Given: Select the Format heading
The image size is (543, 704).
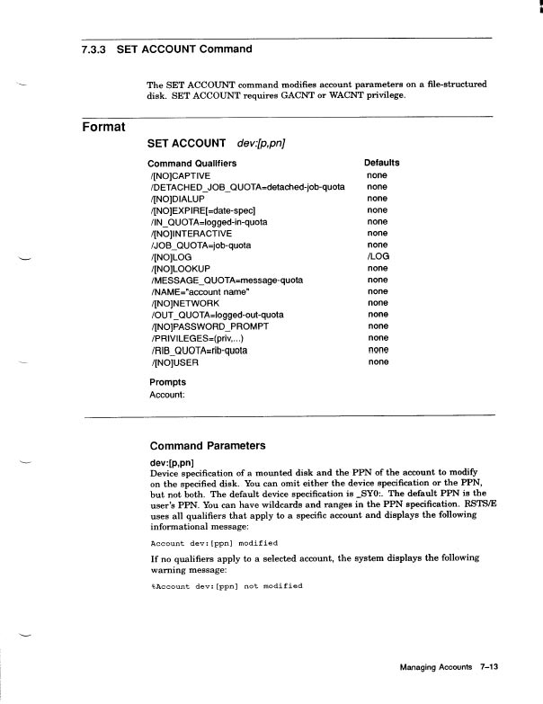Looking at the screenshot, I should coord(102,127).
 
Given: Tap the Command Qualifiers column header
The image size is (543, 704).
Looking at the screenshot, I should coord(191,164).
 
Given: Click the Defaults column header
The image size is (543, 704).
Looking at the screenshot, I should coord(381,164).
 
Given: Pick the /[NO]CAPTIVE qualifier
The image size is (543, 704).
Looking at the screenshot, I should coord(180,175).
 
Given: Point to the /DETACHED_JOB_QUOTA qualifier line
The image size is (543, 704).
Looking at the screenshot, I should coord(246,187).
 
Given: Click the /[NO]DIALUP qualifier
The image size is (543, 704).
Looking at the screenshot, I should coord(177,199).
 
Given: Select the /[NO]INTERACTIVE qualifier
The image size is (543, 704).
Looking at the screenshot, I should coord(190,234).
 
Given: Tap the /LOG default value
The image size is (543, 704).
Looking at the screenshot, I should coord(378,257).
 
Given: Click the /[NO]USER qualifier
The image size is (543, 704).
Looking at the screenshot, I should coord(174,362).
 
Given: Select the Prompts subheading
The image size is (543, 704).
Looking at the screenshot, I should coord(167,382).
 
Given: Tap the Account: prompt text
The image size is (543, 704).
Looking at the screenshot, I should coord(167,394).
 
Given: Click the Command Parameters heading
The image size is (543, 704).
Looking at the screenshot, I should coord(208,445).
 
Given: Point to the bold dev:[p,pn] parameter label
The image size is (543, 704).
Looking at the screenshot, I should coord(173,462).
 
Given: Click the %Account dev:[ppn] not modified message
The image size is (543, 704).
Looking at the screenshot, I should coord(226,586).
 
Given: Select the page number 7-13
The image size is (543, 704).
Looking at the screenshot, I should coord(490,668).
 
